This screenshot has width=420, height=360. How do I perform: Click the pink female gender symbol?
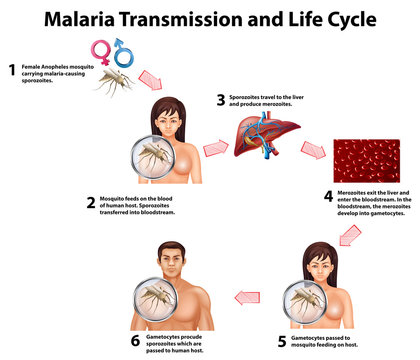pos(101,50)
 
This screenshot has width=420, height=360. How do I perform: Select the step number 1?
pos(12,70)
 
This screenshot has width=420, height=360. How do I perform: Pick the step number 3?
pos(221,100)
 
